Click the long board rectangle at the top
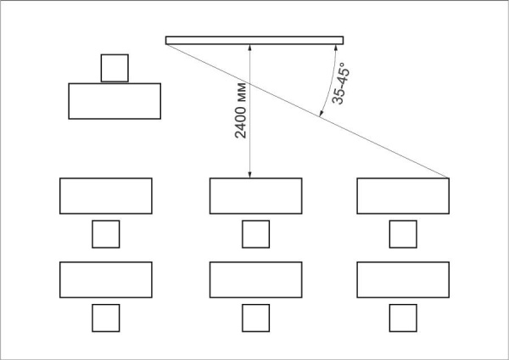click(x=255, y=40)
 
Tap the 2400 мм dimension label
click(x=241, y=110)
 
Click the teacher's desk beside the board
click(x=115, y=101)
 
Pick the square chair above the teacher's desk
click(x=115, y=68)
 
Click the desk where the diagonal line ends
click(x=403, y=196)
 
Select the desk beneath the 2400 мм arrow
click(x=256, y=196)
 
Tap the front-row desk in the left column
click(x=106, y=196)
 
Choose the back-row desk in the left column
click(x=106, y=279)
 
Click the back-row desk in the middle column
click(x=256, y=279)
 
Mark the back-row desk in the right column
click(x=403, y=279)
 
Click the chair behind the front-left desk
click(x=106, y=234)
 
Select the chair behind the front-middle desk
click(x=256, y=234)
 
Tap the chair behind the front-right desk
click(x=403, y=234)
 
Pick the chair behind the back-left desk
click(x=106, y=318)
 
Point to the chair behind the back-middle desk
click(x=256, y=318)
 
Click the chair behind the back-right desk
click(x=403, y=318)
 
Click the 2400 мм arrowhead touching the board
click(x=249, y=48)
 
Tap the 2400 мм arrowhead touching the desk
click(x=249, y=174)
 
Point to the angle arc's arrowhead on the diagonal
click(x=321, y=113)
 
